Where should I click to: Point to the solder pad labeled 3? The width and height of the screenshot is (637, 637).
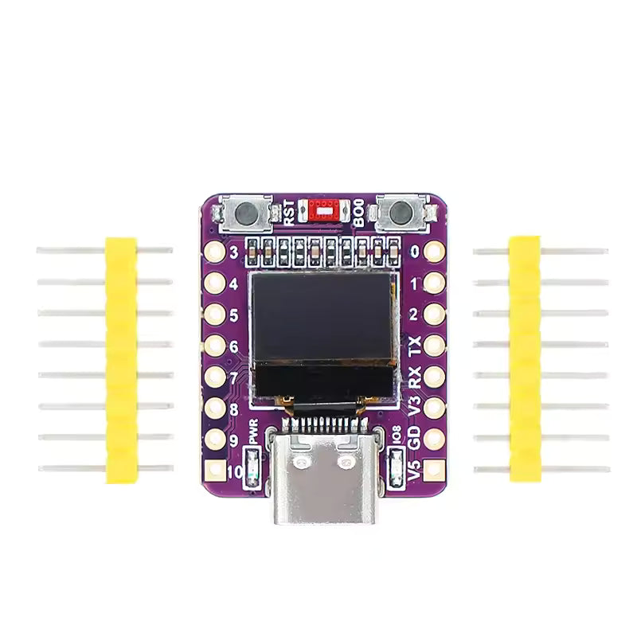point(214,252)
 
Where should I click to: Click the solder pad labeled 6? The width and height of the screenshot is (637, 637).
point(214,346)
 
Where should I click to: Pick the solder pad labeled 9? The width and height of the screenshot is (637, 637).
point(214,439)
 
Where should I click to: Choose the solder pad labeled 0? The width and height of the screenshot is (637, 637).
point(433,252)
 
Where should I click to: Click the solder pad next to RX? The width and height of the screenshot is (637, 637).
point(433,376)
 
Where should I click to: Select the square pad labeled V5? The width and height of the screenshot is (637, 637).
point(433,471)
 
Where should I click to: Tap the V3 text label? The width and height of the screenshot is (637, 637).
point(413,406)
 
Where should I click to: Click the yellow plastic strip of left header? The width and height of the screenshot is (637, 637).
point(121,359)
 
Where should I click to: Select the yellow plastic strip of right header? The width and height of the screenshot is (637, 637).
point(525,358)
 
